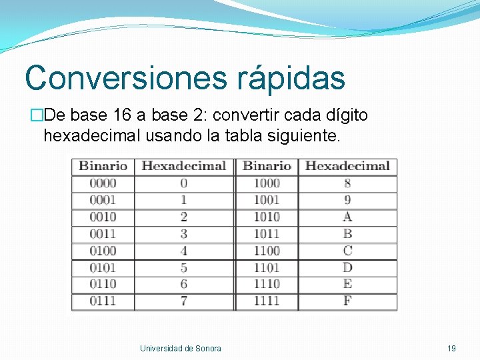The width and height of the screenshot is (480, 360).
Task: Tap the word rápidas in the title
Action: pos(291,77)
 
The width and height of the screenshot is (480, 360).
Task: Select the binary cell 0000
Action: pos(103,183)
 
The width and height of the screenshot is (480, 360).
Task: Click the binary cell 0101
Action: pos(103,267)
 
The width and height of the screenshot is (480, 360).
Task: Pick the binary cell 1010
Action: pos(267,217)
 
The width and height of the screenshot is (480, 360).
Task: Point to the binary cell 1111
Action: pos(267,301)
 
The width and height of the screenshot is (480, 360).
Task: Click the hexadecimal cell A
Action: pos(347,217)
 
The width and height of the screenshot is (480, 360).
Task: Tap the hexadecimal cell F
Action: pos(347,301)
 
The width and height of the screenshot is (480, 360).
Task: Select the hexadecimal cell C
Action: pos(347,251)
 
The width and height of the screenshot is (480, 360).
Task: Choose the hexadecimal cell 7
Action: pos(183,301)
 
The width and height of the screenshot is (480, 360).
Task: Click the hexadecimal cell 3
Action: pos(183,233)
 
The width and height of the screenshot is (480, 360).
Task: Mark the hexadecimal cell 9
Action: pos(347,200)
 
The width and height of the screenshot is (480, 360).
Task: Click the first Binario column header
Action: pos(103,166)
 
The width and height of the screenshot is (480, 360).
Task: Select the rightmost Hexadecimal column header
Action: pos(347,166)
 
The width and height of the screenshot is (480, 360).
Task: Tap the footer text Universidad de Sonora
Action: pos(181,348)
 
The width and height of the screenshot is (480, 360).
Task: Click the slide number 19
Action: pos(451,348)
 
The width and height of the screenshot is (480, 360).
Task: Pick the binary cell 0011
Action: pos(103,233)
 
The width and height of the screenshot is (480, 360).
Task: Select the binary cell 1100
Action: pos(267,251)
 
